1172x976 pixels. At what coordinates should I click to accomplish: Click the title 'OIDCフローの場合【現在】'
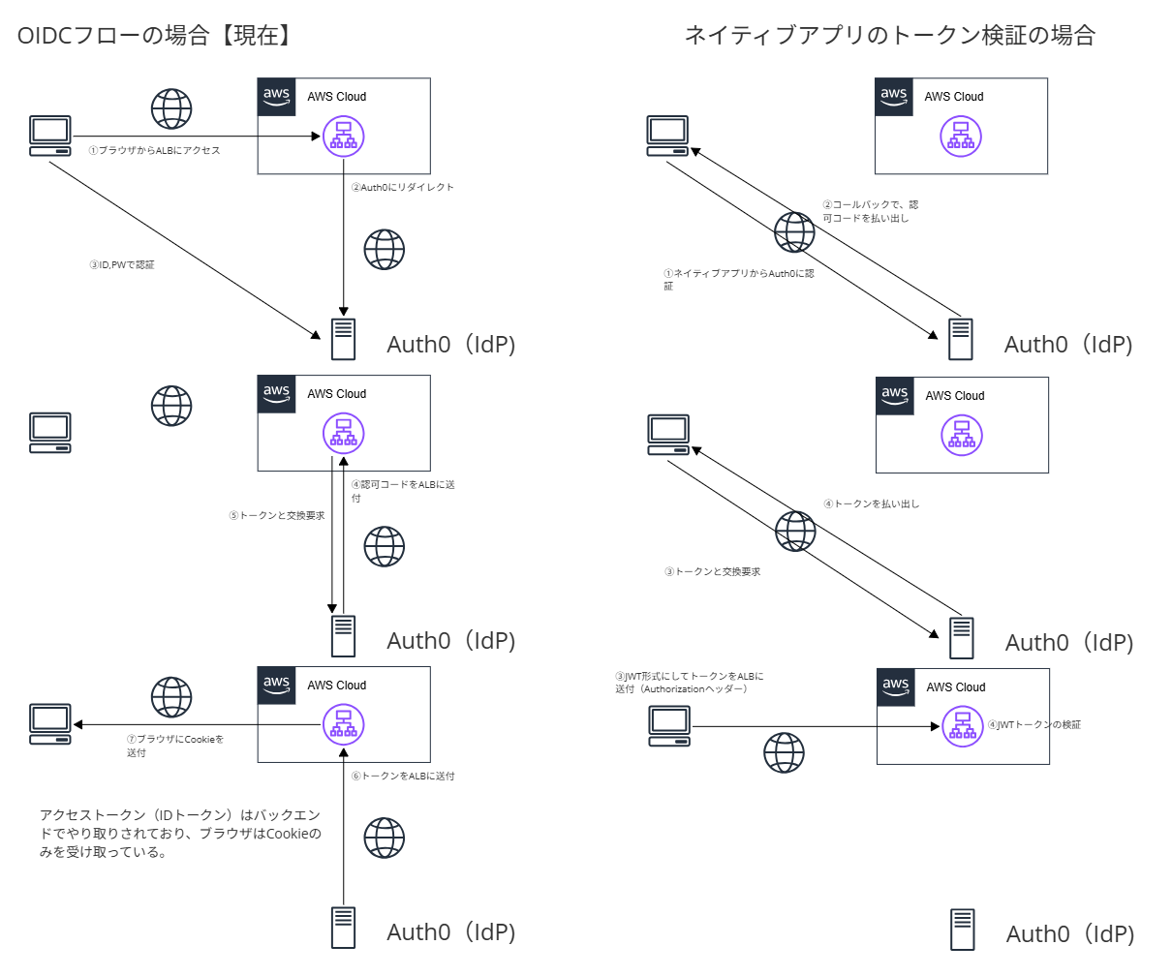click(155, 36)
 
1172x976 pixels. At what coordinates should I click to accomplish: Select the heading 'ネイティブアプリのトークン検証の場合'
click(889, 36)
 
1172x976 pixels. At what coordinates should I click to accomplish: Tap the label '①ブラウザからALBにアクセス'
click(154, 151)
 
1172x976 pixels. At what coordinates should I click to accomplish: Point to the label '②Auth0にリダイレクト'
click(402, 187)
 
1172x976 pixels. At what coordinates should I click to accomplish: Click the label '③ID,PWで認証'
click(122, 264)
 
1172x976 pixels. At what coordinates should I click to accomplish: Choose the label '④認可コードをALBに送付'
click(402, 491)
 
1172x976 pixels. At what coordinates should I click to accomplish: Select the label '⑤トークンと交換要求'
click(277, 515)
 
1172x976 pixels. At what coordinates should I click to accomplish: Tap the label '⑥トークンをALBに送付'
click(402, 776)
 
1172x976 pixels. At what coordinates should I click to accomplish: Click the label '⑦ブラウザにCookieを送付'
click(174, 746)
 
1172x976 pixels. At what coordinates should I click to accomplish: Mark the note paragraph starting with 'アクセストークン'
click(180, 834)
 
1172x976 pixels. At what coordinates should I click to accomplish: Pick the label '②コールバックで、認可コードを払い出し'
click(870, 211)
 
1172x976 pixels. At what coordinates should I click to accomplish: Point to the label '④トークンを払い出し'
click(871, 503)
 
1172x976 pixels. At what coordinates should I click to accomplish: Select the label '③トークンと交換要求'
click(712, 571)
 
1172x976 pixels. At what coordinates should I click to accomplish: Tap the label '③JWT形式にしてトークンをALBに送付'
click(689, 683)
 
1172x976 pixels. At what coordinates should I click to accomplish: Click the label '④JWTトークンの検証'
click(1033, 724)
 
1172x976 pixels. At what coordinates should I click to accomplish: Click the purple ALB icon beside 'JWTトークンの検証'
click(962, 726)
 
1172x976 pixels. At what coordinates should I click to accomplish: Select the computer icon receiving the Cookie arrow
click(50, 724)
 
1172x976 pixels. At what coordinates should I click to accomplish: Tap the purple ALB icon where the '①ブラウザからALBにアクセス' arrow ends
click(343, 137)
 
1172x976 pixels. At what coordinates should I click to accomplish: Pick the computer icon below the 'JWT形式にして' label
click(669, 726)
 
